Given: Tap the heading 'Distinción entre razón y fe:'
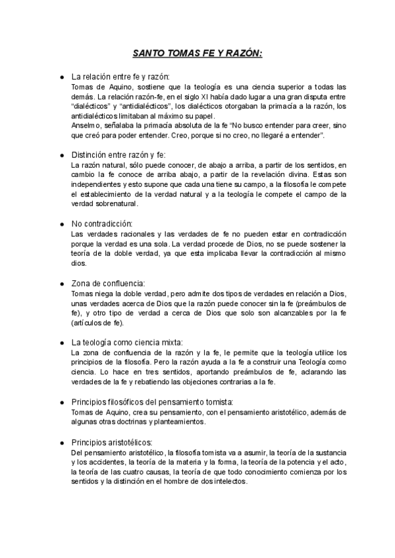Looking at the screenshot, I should click(x=118, y=155).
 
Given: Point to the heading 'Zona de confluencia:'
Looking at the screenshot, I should click(x=107, y=283).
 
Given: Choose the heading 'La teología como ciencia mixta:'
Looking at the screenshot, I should click(x=126, y=342).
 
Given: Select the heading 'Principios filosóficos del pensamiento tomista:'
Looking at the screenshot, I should click(x=151, y=401).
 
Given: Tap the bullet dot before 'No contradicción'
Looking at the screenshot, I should click(x=61, y=224).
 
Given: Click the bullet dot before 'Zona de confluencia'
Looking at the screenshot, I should click(x=61, y=284).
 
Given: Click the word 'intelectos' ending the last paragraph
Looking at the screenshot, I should click(x=228, y=481).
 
